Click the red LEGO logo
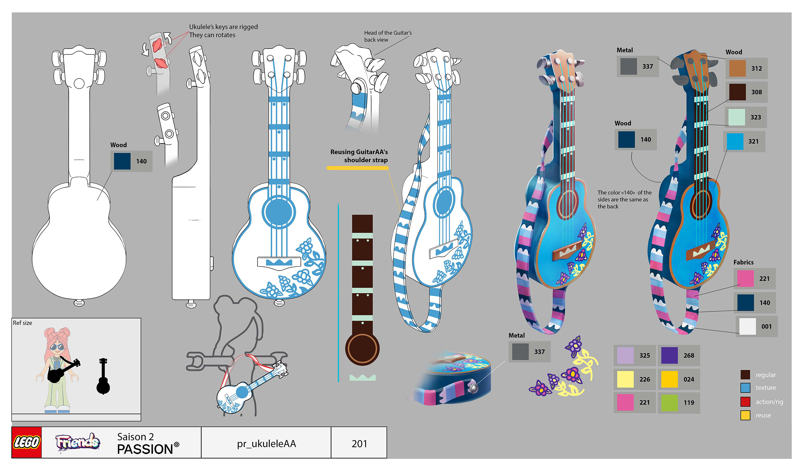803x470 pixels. pyautogui.click(x=26, y=442)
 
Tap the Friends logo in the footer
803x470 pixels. pyautogui.click(x=77, y=442)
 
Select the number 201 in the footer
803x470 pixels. pyautogui.click(x=359, y=444)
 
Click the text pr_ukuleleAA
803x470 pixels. pyautogui.click(x=266, y=444)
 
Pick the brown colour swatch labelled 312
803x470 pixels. pyautogui.click(x=737, y=68)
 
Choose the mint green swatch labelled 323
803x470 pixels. pyautogui.click(x=737, y=117)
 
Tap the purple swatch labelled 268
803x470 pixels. pyautogui.click(x=669, y=355)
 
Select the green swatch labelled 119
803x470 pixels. pyautogui.click(x=669, y=402)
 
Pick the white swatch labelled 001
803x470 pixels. pyautogui.click(x=747, y=327)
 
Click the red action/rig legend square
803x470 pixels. pyautogui.click(x=745, y=402)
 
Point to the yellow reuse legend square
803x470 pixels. pyautogui.click(x=745, y=415)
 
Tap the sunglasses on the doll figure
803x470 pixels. pyautogui.click(x=57, y=347)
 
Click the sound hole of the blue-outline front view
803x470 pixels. pyautogui.click(x=279, y=212)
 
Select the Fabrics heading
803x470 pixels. pyautogui.click(x=743, y=262)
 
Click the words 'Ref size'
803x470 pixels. pyautogui.click(x=22, y=323)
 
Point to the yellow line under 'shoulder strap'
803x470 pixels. pyautogui.click(x=358, y=168)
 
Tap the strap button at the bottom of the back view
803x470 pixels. pyautogui.click(x=79, y=302)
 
